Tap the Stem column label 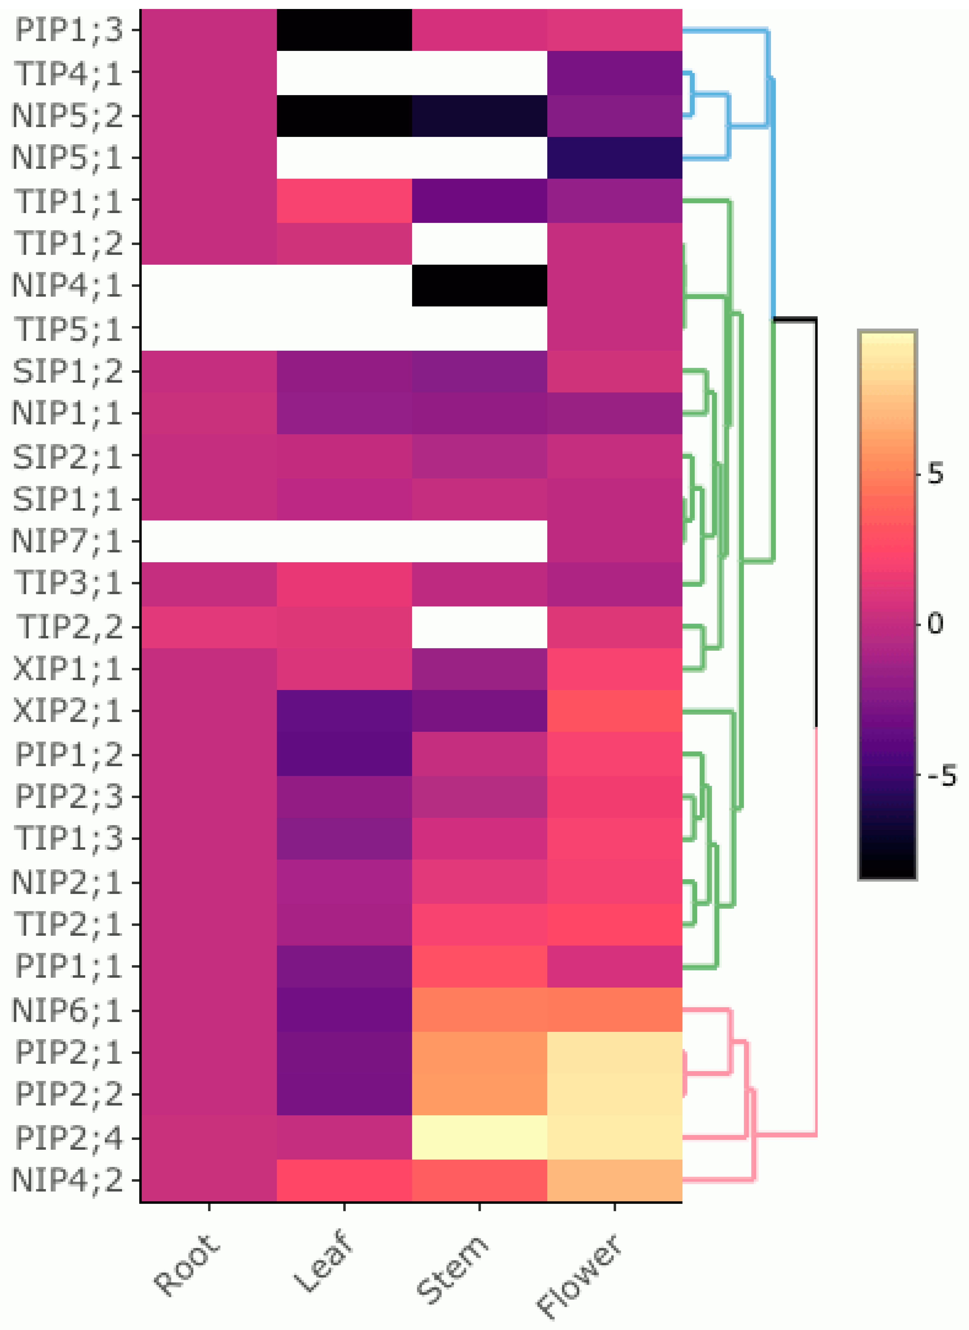(452, 1267)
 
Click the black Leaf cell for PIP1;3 (344, 30)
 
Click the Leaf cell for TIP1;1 (344, 201)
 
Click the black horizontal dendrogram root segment (795, 319)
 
